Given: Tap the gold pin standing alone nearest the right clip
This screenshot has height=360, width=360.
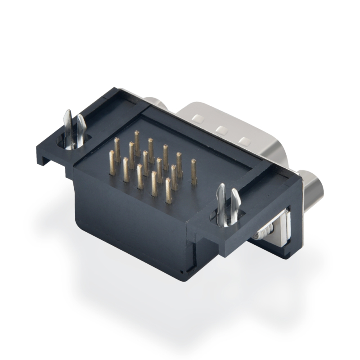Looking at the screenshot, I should [x=194, y=172].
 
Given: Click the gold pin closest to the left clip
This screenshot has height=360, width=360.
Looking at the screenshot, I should [x=112, y=162].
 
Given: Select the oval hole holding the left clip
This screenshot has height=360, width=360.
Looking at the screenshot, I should [x=72, y=143].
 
